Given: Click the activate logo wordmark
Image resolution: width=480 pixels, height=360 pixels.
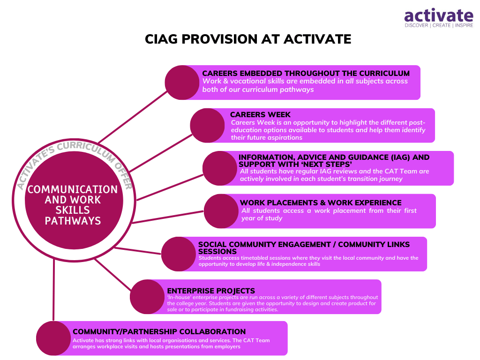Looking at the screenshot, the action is coord(439,15).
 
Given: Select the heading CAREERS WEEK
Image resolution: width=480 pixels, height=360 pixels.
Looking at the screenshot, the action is coord(260,115).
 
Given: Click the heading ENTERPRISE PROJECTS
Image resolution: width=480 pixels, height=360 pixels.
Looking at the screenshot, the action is coord(211,291).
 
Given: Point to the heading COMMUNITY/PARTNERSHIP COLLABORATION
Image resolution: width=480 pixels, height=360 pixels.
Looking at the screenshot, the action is coord(159,331).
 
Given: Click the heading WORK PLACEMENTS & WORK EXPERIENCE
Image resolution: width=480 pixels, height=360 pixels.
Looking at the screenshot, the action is coord(321,202).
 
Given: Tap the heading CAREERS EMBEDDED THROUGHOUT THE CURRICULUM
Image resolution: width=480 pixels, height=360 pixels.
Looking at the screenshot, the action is coord(306,74).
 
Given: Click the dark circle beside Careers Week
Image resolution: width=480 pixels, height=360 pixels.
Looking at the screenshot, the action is coord(207,126).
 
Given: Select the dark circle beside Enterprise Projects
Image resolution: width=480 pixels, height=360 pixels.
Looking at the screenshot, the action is coord(147,297).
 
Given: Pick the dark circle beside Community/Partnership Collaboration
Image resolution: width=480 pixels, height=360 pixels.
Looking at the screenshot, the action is coord(53,338).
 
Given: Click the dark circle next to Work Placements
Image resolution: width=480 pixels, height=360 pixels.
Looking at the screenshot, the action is coord(221,211).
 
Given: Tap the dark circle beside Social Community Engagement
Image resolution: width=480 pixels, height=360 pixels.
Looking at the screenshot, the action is coord(179,254).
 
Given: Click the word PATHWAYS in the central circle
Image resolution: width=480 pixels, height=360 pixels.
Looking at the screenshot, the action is coord(73,221).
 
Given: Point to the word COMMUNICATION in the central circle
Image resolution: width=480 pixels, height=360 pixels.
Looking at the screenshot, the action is coord(73,189).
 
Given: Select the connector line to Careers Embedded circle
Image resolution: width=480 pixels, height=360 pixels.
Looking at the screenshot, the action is coord(133,117).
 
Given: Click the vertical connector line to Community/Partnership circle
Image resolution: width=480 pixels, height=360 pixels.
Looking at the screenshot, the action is coord(53,290).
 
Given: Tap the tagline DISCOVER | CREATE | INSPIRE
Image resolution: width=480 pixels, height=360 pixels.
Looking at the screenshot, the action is coord(439,25).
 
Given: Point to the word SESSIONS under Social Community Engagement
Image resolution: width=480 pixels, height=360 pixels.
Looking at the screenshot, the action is coord(217,251).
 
